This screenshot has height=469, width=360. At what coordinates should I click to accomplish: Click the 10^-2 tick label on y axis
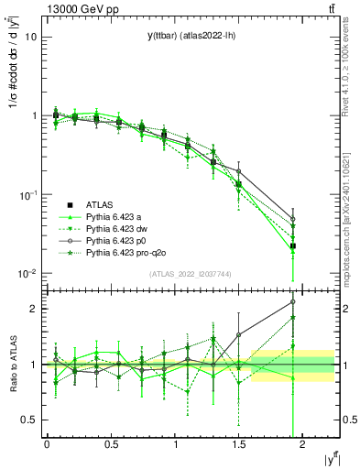pos(27,274)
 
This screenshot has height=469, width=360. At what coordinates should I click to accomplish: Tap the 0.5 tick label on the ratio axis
pos(30,420)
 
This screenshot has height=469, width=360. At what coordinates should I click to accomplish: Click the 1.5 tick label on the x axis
pos(239,444)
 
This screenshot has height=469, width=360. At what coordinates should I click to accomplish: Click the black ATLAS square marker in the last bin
pos(293,245)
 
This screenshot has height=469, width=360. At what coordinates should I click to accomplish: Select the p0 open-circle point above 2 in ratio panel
pos(293,301)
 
